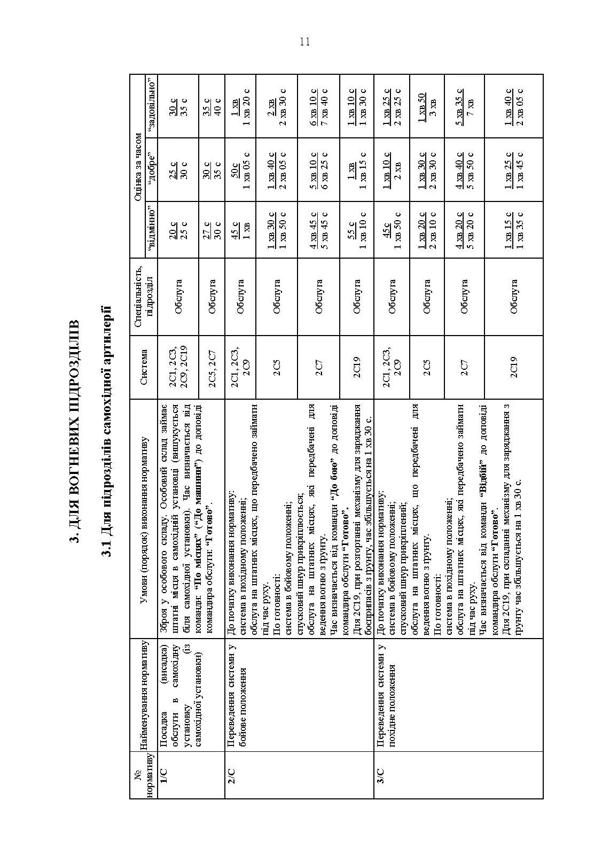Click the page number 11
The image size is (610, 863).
pos(305,42)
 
